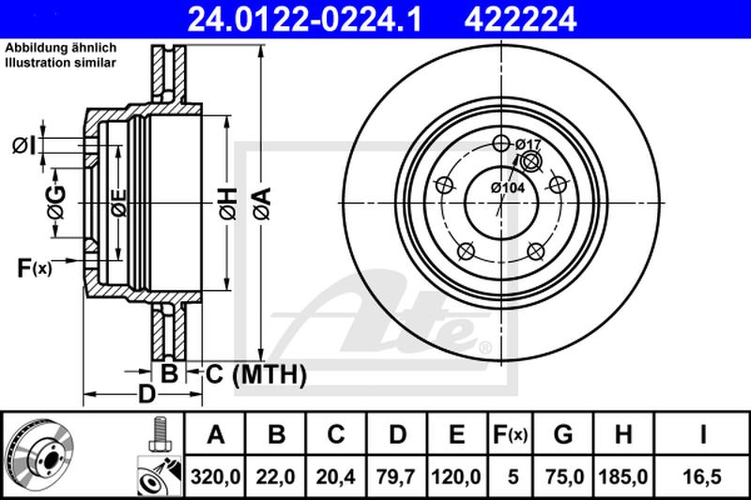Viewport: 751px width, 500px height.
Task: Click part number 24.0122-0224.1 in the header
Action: pyautogui.click(x=304, y=20)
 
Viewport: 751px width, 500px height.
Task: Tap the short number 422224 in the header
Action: pyautogui.click(x=520, y=20)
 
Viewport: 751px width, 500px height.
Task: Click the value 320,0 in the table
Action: pyautogui.click(x=215, y=477)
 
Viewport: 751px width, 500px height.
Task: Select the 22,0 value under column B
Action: pyautogui.click(x=275, y=477)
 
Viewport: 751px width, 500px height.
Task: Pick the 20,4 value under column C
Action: pyautogui.click(x=336, y=477)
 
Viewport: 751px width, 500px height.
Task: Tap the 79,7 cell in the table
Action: pyautogui.click(x=396, y=477)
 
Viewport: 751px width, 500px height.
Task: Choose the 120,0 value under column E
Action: pyautogui.click(x=456, y=477)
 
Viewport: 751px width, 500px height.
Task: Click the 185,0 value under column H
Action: pyautogui.click(x=623, y=477)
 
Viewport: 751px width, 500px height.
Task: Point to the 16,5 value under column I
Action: pyautogui.click(x=702, y=477)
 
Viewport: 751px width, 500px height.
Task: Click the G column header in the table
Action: pyautogui.click(x=562, y=434)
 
